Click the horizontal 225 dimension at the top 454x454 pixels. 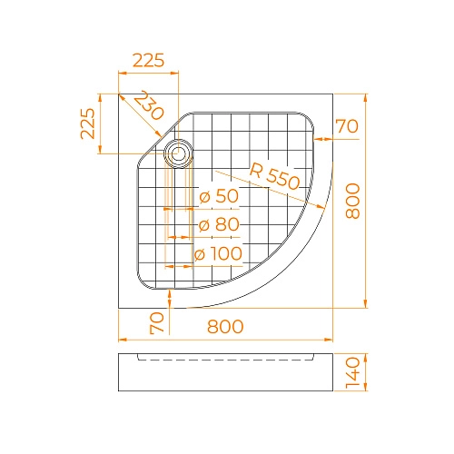click(x=148, y=61)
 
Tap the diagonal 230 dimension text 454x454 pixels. click(x=148, y=107)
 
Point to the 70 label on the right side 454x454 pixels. click(x=347, y=126)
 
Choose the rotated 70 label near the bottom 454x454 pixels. click(x=156, y=322)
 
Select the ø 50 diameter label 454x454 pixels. click(x=218, y=196)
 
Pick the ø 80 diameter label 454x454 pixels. click(x=218, y=224)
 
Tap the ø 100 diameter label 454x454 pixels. click(x=218, y=253)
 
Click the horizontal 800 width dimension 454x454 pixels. click(x=224, y=328)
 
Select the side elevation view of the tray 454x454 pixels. click(x=226, y=373)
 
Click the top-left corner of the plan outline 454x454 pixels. click(x=119, y=94)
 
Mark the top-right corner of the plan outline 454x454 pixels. click(x=333, y=94)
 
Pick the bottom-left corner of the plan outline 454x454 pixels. click(x=119, y=308)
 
